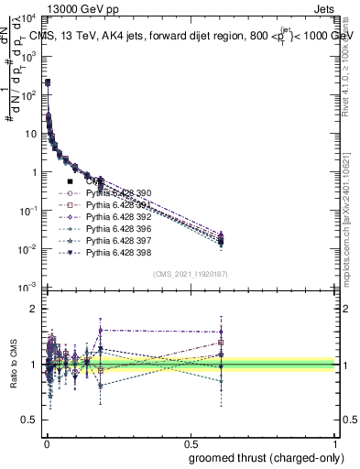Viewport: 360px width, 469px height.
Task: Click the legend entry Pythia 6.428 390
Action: tap(116, 192)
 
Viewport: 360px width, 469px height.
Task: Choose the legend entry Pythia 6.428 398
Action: tap(116, 252)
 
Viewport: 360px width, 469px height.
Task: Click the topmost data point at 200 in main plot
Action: tap(48, 82)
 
